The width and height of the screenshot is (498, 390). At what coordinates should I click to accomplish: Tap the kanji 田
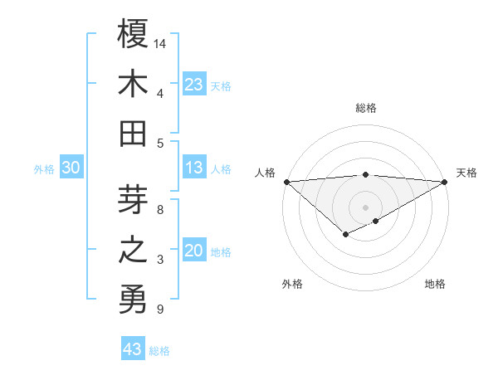tap(133, 133)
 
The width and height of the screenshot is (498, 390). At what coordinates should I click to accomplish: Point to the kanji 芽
tap(133, 200)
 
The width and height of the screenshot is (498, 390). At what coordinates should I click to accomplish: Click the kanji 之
tap(133, 250)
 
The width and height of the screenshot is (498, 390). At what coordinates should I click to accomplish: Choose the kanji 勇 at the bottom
tap(133, 300)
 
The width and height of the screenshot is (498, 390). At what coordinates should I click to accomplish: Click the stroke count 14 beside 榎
tap(160, 42)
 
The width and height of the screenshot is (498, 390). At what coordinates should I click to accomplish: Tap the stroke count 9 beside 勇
tap(159, 310)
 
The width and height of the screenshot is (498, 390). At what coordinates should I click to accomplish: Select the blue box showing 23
tap(194, 84)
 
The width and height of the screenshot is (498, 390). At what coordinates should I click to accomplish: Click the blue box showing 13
tap(194, 168)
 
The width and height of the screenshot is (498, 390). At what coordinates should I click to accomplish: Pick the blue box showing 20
tap(194, 251)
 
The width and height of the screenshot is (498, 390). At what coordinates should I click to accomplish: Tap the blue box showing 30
tap(71, 168)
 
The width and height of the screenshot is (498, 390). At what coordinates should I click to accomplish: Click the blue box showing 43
tap(132, 349)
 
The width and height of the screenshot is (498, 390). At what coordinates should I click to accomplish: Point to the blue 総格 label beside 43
tap(159, 351)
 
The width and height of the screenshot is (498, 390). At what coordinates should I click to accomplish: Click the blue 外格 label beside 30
tap(44, 169)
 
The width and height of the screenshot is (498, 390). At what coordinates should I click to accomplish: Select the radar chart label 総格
tap(365, 108)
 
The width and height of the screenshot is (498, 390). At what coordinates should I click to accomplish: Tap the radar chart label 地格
tap(435, 284)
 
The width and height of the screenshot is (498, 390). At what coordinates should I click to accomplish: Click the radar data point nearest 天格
tap(445, 182)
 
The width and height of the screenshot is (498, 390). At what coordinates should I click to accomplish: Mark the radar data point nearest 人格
tap(286, 182)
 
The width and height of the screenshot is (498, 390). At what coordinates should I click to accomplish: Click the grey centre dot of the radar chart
tap(365, 207)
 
